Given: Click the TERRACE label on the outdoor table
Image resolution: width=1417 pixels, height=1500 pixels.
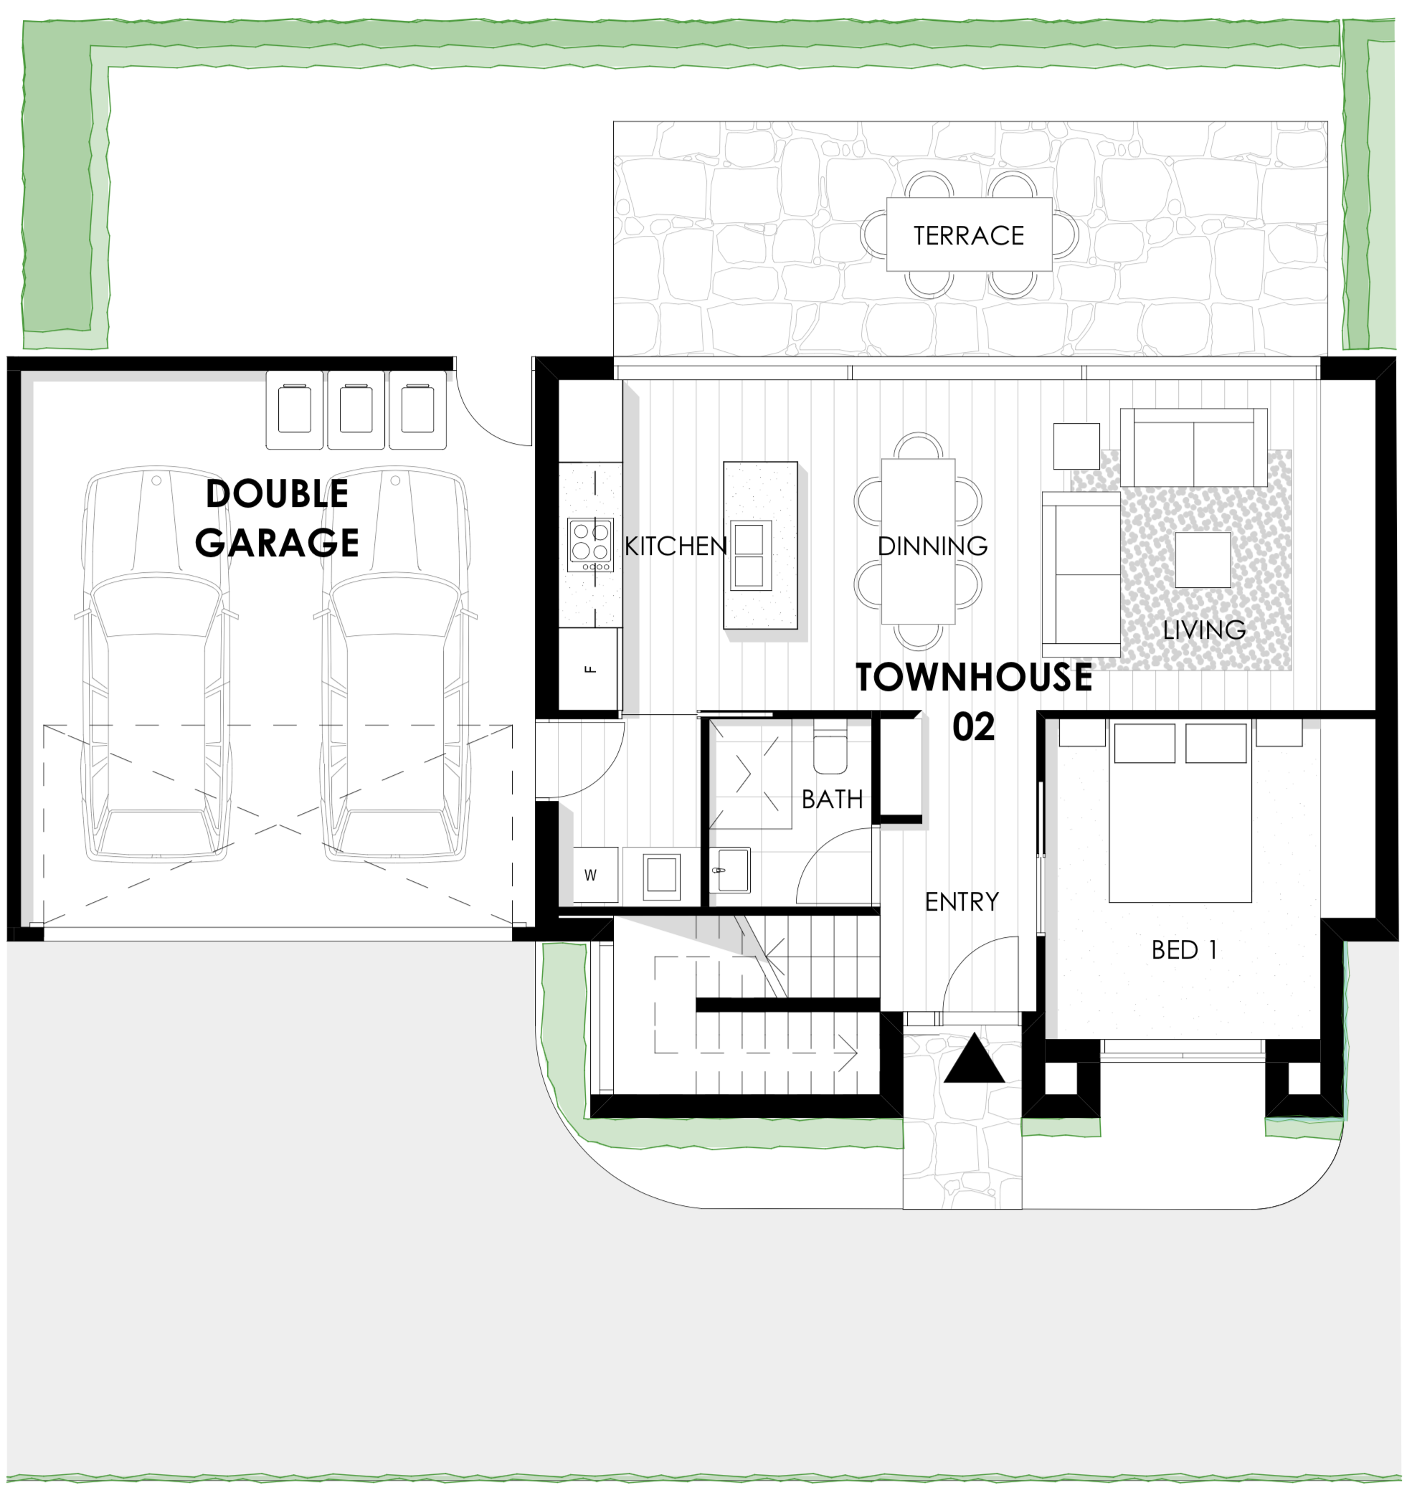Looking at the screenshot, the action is [969, 236].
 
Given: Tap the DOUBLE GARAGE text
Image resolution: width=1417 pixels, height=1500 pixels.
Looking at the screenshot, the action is [277, 518].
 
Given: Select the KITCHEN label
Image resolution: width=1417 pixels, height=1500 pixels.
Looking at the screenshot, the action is [676, 546].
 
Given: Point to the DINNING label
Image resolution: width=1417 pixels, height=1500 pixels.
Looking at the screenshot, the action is [933, 546].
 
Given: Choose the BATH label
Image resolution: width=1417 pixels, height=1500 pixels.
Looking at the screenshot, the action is [832, 798].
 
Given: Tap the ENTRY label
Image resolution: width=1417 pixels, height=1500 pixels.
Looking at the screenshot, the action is [962, 901].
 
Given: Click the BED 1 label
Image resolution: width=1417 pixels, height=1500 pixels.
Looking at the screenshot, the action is [1184, 949].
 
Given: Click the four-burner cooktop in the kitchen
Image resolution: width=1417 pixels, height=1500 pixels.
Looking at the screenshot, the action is [591, 544].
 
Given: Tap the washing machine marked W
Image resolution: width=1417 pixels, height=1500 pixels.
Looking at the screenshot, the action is [596, 875].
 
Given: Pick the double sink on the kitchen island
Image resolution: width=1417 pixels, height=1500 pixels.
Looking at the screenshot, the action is [749, 555].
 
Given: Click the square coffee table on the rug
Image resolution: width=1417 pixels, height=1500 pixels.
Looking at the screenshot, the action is [1203, 560].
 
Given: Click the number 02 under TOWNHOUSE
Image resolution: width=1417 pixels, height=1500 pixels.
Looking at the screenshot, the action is [973, 726].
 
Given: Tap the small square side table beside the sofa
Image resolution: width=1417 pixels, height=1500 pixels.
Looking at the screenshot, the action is [1076, 445].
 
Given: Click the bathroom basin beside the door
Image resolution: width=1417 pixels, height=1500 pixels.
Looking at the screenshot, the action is [729, 870].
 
